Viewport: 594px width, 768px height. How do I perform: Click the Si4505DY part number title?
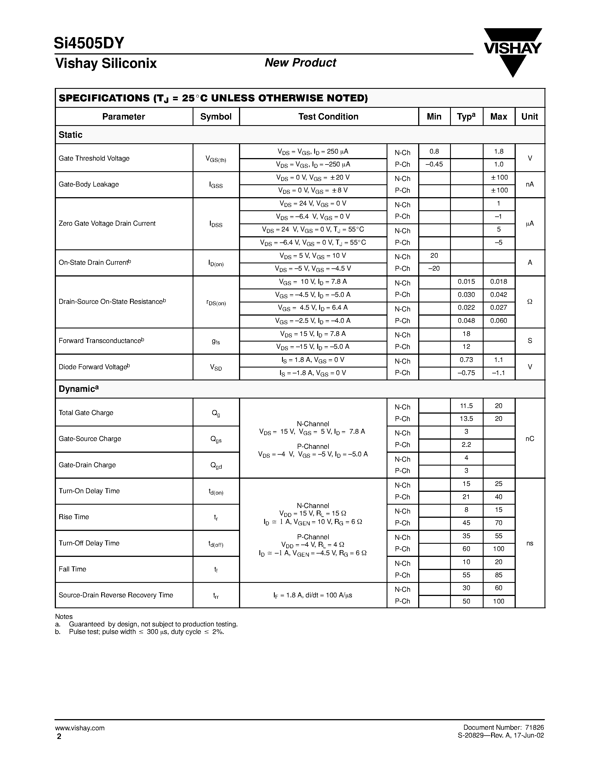[89, 43]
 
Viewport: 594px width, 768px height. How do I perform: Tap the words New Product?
[300, 63]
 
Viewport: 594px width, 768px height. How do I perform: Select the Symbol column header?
[216, 117]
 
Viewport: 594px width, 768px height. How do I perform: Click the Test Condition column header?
[328, 117]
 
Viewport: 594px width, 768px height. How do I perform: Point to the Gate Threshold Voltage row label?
[94, 158]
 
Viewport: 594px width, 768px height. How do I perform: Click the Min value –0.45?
[434, 164]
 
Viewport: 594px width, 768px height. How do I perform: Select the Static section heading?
[70, 135]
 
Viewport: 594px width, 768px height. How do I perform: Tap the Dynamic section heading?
[79, 389]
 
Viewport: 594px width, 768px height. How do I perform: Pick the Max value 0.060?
[498, 321]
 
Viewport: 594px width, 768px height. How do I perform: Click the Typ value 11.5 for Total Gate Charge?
[466, 406]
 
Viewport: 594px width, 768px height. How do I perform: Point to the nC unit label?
[530, 438]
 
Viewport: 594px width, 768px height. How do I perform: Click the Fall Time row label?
[72, 569]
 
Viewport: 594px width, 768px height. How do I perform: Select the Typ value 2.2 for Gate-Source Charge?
[466, 445]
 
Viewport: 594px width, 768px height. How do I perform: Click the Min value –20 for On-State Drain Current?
[434, 269]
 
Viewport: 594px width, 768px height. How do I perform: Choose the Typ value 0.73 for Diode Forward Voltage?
[466, 360]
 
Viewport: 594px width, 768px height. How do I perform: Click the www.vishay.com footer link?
[80, 728]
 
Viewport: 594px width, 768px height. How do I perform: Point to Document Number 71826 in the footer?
[503, 728]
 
